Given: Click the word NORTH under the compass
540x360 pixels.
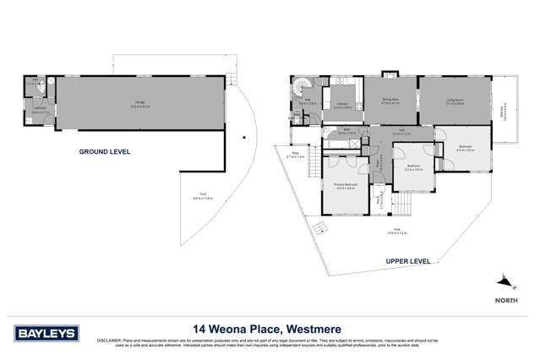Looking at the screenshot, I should click(505, 299).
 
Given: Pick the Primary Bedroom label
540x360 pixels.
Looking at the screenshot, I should click(345, 187).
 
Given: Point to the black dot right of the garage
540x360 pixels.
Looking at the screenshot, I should click(243, 137).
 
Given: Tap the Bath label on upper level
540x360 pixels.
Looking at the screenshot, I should click(343, 132).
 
